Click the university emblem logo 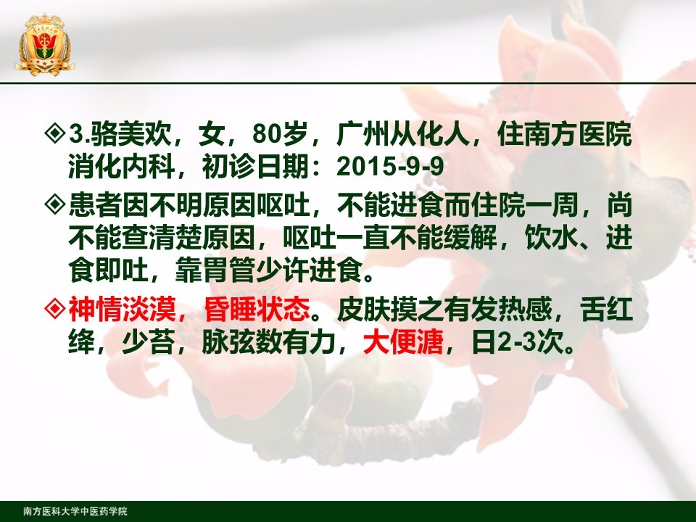[44, 44]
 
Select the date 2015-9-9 [391, 167]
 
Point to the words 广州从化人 [403, 133]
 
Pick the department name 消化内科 [121, 167]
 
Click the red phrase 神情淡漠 [122, 309]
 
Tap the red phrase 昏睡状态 [257, 309]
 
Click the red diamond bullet [56, 308]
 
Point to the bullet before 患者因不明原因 [56, 204]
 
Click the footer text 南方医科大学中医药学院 [75, 511]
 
